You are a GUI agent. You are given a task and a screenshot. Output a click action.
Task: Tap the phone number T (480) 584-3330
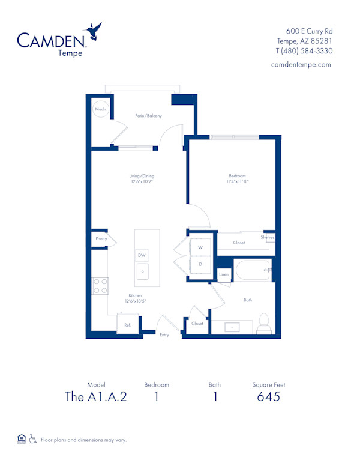tap(304, 50)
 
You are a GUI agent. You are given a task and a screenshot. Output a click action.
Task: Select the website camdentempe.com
tap(301, 64)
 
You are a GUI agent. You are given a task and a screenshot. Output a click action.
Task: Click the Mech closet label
tap(100, 110)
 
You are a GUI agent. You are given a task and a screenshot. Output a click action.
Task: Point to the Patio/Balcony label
tap(148, 116)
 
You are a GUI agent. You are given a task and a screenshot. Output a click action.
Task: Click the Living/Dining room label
tap(142, 176)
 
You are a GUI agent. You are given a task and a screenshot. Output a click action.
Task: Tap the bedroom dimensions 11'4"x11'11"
tap(237, 180)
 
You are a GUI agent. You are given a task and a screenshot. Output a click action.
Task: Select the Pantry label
tap(101, 238)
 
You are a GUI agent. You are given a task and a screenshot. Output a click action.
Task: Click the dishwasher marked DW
tap(142, 255)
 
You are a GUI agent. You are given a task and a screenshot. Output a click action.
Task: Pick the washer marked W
tap(200, 247)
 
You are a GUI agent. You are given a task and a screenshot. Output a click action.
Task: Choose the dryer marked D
tap(200, 264)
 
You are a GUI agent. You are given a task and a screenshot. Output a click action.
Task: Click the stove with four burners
tap(100, 286)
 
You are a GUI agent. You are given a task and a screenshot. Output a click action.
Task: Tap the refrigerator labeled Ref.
tap(128, 325)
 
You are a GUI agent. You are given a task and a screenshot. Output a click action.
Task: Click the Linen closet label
tap(223, 274)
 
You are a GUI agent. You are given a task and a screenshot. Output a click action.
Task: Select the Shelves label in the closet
tap(268, 237)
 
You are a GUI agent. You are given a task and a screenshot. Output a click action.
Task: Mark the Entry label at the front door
tap(164, 335)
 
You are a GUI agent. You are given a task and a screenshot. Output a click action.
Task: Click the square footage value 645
tap(269, 397)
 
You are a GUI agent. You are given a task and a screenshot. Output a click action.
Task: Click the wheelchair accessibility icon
tap(34, 439)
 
